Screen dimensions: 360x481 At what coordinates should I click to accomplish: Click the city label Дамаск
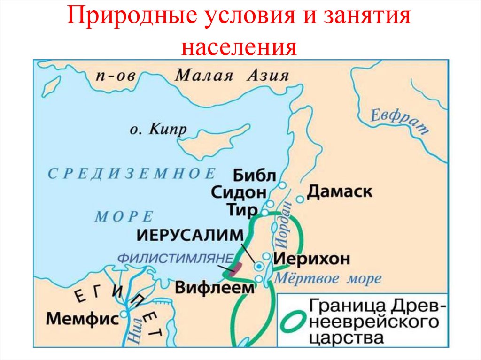click(340, 191)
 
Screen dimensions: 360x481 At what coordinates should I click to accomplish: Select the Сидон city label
click(239, 193)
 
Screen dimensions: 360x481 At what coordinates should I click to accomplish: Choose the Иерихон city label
click(311, 258)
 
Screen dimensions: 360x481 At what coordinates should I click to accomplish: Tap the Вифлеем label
click(214, 287)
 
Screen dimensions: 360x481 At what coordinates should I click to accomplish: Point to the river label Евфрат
click(399, 121)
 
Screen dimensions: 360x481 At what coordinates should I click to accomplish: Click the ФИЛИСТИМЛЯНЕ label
click(175, 258)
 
